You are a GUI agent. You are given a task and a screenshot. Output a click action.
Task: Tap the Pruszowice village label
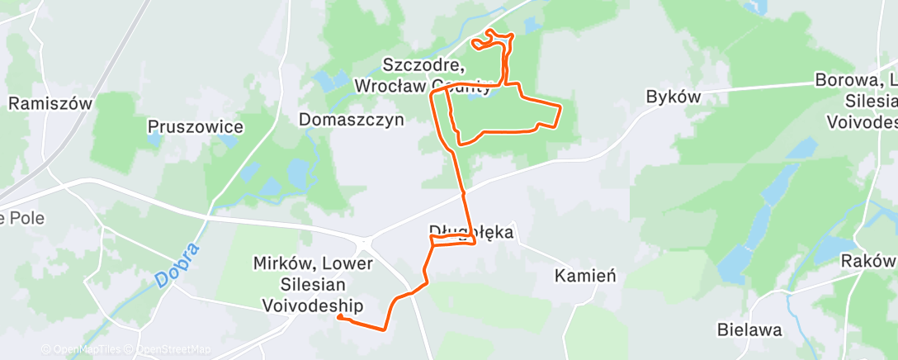[195, 126]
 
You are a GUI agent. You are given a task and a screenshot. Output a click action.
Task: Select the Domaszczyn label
[352, 119]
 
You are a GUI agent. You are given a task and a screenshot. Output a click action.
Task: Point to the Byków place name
[673, 97]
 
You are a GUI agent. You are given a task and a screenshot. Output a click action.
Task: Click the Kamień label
[585, 275]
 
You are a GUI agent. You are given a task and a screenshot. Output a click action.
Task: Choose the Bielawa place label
[749, 329]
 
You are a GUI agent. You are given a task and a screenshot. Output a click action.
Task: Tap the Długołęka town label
[471, 232]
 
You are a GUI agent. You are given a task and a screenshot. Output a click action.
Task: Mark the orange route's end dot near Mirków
[340, 317]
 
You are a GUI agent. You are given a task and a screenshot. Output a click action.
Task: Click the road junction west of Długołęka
[365, 244]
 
